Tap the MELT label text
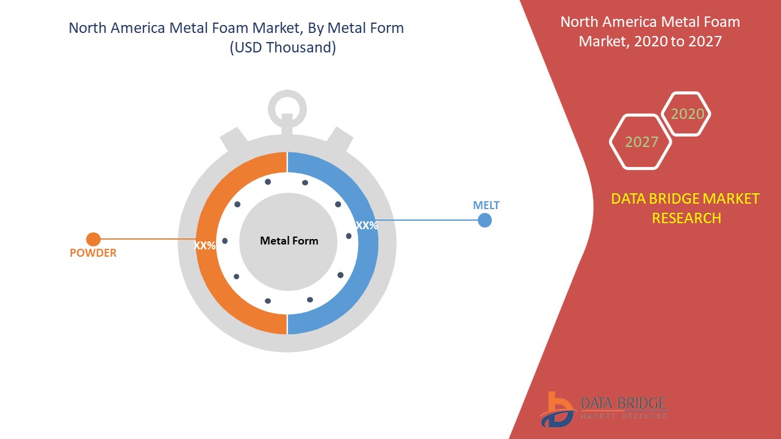[x=486, y=205]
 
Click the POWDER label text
[x=93, y=252]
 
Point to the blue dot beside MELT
[x=484, y=220]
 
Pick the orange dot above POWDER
[x=93, y=240]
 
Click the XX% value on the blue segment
[x=367, y=226]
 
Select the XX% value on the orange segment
[x=204, y=245]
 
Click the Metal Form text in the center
[x=289, y=240]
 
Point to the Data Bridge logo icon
[x=556, y=410]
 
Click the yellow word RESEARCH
[x=686, y=218]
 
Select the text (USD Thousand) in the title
[x=283, y=48]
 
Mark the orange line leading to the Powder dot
[x=148, y=239]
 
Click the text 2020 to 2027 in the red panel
[x=678, y=41]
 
